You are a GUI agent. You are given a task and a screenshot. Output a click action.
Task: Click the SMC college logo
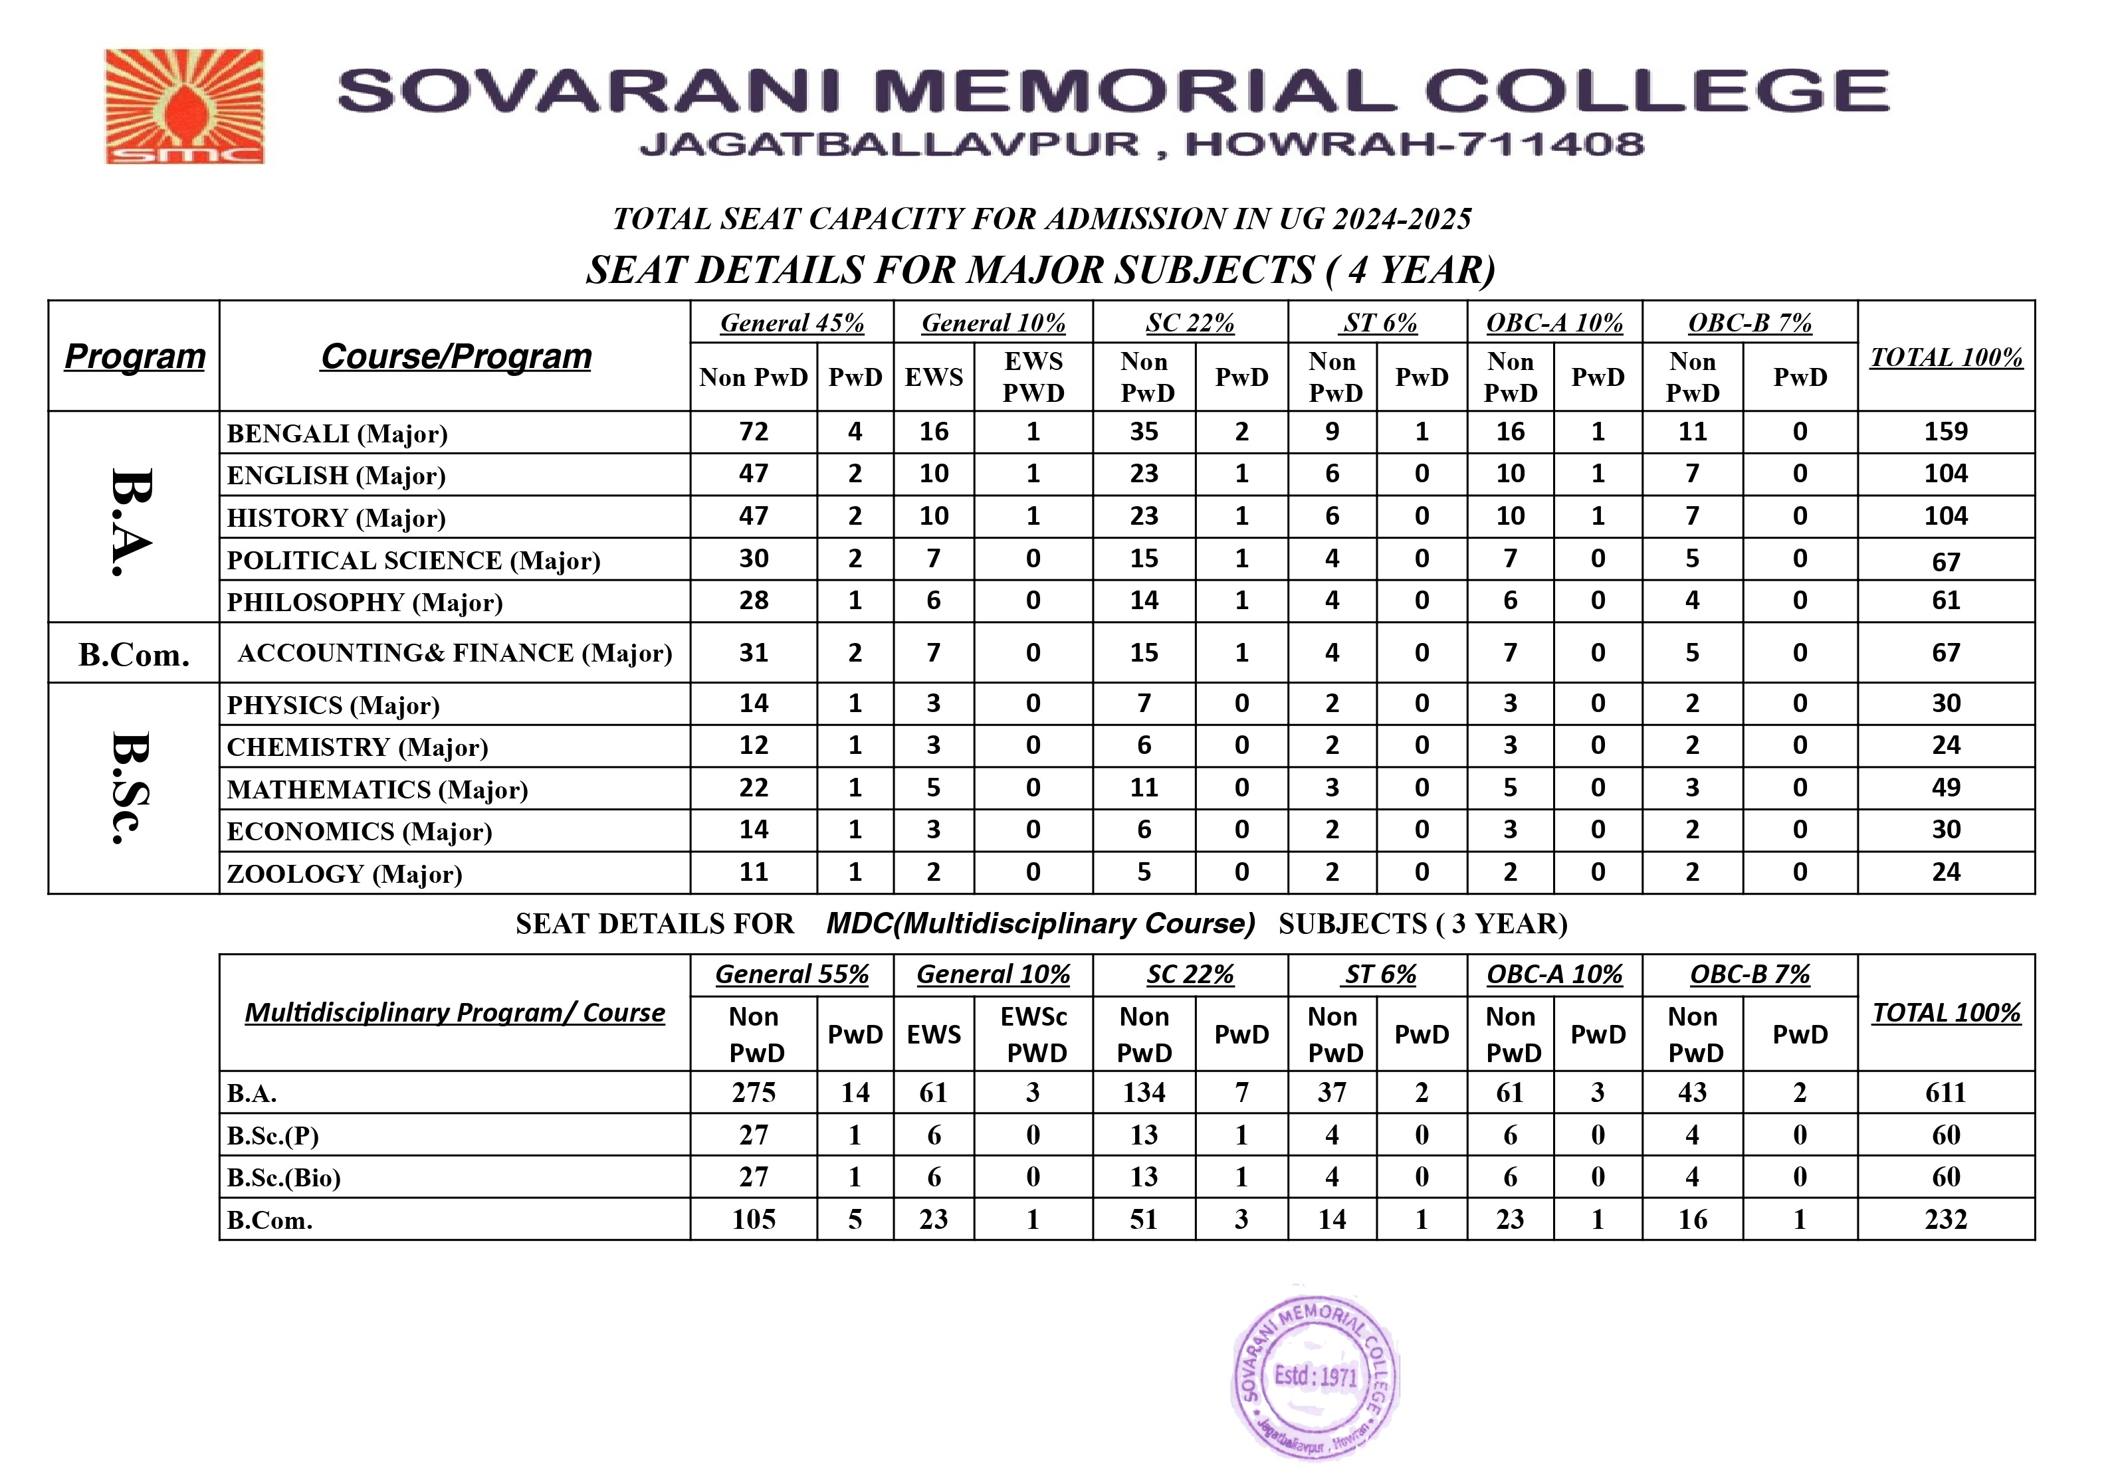184,107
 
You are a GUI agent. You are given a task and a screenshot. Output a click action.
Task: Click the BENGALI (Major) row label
337,433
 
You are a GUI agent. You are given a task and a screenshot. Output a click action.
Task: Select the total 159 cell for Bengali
1945,431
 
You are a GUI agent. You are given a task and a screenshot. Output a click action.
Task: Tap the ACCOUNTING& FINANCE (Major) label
455,653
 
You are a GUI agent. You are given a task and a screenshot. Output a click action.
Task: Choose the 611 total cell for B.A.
1945,1092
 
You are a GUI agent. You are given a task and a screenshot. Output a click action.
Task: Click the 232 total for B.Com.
1945,1220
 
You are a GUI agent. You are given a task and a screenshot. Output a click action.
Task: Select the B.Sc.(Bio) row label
284,1178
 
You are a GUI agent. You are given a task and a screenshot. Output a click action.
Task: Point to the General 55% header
792,974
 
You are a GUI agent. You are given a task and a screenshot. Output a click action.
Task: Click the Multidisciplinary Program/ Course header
455,1012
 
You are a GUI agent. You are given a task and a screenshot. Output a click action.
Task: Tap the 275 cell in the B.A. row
754,1092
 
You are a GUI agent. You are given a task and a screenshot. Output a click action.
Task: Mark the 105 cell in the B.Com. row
754,1220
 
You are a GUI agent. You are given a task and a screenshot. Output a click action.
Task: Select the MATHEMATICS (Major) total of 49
1945,788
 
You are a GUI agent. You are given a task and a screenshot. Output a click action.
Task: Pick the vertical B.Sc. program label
131,788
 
